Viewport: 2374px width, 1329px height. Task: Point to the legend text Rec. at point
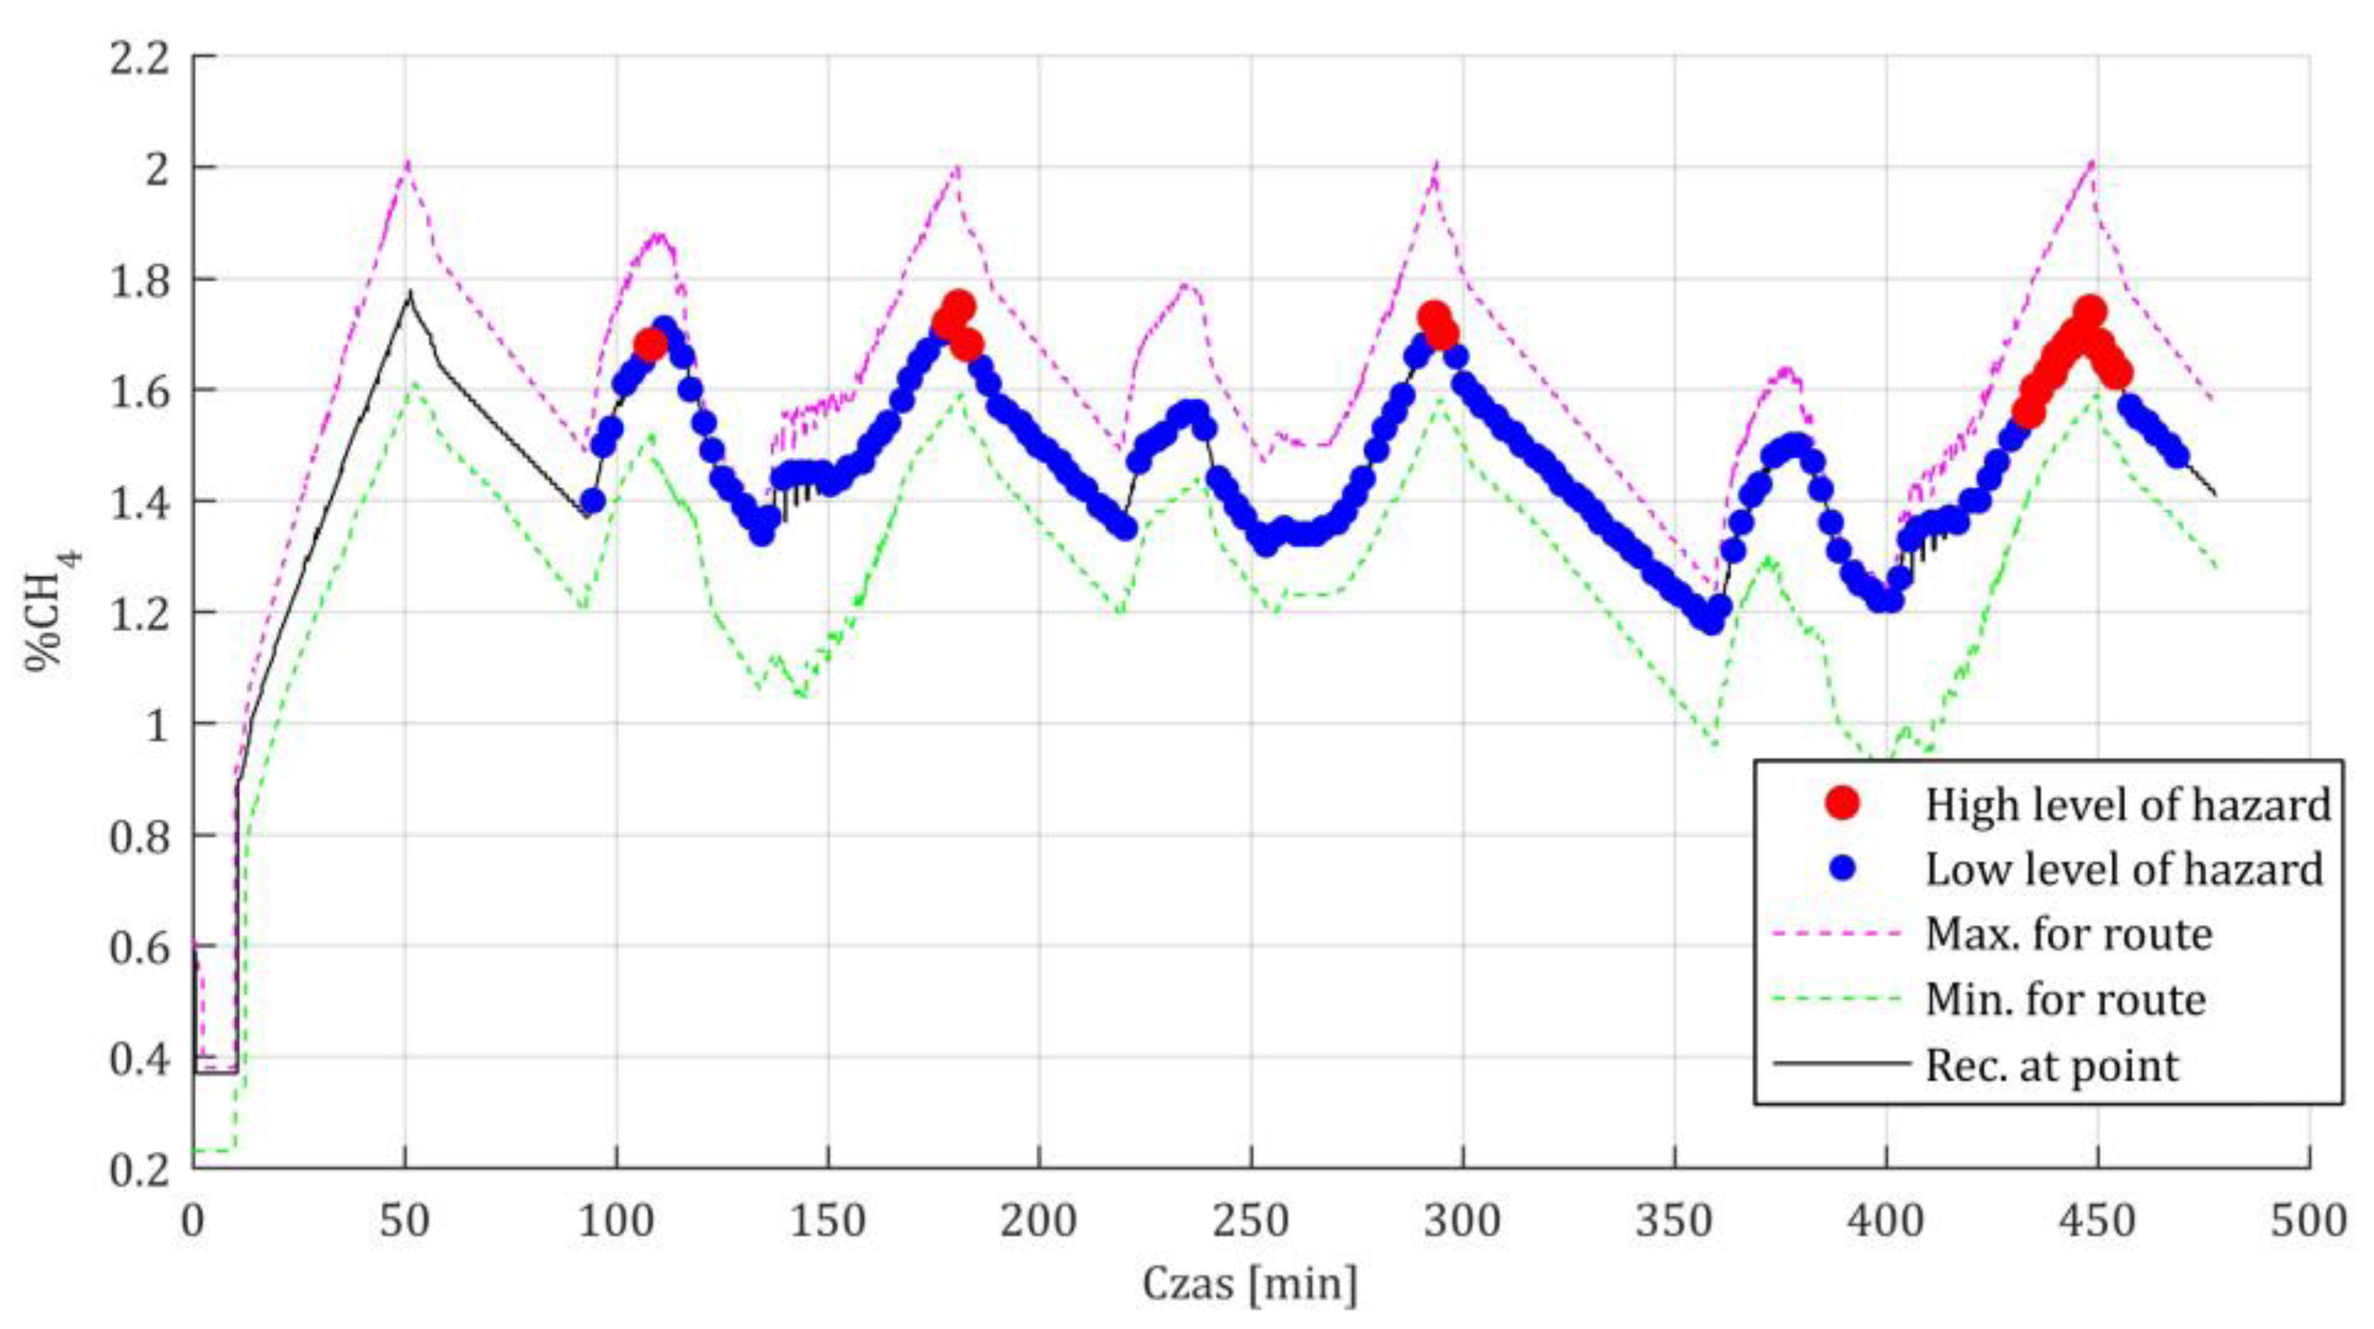click(x=2053, y=1065)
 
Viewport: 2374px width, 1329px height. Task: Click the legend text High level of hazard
click(x=2127, y=804)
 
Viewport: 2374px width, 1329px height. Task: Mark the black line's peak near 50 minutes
click(x=410, y=293)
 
